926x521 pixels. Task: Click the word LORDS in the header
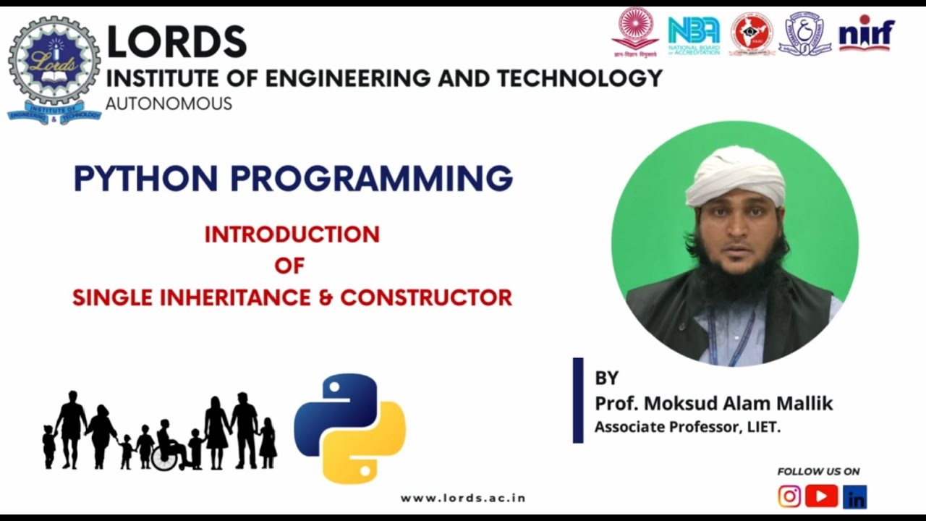(177, 42)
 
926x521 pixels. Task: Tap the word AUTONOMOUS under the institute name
(169, 103)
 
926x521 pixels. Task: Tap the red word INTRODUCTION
(292, 234)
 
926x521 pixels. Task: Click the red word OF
(289, 266)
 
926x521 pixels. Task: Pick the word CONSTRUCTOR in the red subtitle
(426, 297)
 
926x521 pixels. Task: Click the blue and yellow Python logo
(349, 428)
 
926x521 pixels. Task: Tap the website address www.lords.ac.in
(463, 498)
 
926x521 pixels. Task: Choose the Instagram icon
(789, 496)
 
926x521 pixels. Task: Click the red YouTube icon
(821, 496)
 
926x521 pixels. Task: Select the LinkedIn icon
(854, 497)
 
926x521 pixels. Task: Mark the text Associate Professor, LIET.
(687, 427)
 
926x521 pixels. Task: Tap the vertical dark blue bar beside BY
(578, 399)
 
